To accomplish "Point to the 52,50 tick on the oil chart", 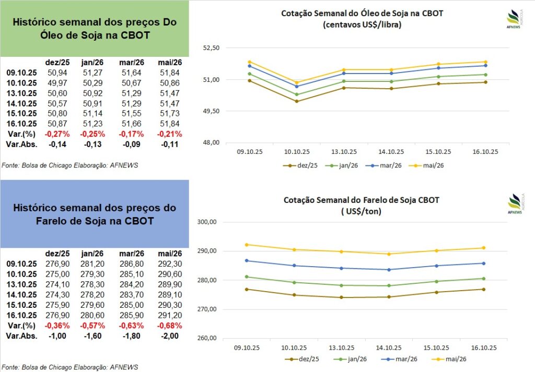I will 212,48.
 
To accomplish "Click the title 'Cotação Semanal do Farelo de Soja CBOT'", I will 362,200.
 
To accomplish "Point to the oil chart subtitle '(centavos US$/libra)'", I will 362,25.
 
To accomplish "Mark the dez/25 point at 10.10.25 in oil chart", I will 297,101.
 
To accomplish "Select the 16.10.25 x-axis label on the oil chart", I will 484,152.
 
